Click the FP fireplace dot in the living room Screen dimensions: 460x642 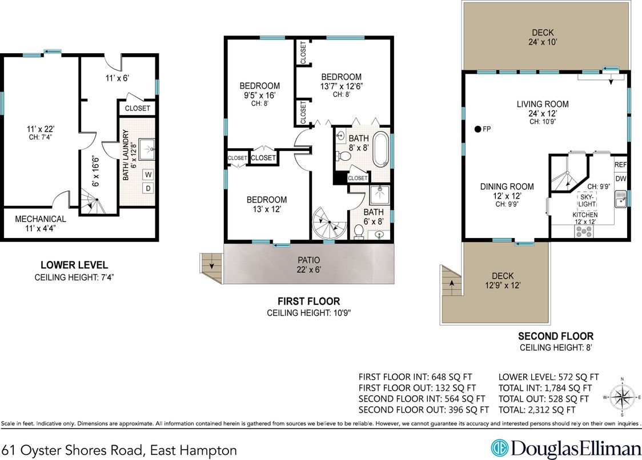pos(477,129)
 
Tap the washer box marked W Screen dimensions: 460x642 pos(148,174)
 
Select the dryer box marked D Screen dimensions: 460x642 pos(148,188)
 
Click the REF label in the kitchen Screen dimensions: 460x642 pos(620,164)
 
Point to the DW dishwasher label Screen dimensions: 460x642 pos(620,179)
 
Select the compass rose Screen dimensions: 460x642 pos(623,395)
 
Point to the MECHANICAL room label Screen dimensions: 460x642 pos(40,219)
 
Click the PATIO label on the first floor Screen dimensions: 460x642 pos(308,260)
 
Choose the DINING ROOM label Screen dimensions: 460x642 pos(507,187)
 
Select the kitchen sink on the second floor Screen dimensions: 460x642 pos(620,200)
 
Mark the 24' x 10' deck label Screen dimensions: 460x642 pos(542,37)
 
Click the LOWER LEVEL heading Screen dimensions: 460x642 pos(74,265)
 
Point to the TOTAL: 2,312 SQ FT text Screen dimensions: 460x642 pos(536,410)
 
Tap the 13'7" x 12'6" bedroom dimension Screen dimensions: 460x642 pos(341,86)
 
